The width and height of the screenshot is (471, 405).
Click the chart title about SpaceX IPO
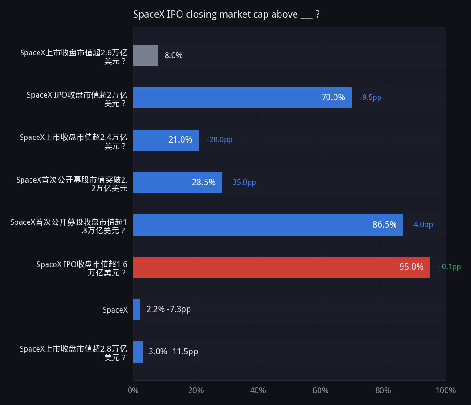tap(226, 15)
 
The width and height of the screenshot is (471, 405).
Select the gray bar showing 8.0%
tap(146, 55)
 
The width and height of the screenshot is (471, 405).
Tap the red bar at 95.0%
tap(281, 267)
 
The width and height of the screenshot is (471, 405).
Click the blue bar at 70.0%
tap(243, 98)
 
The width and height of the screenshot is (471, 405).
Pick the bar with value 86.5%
tap(268, 225)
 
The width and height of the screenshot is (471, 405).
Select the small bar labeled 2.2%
tap(137, 309)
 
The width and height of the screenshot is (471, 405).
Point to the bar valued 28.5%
tap(178, 183)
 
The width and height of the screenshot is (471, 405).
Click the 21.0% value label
tap(180, 140)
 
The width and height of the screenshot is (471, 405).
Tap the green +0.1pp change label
tap(449, 267)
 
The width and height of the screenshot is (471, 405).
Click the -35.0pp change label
tap(243, 183)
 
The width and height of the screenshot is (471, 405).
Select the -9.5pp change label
tap(370, 97)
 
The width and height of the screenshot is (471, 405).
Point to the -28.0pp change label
tap(220, 140)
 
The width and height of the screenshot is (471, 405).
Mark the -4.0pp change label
tap(422, 224)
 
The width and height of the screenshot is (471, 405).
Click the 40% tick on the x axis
tap(258, 390)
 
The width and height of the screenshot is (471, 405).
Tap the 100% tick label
tap(446, 390)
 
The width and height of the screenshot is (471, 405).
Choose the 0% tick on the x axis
tap(133, 390)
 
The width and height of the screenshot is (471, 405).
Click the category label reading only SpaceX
tap(115, 310)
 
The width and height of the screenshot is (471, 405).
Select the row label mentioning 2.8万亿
tap(73, 353)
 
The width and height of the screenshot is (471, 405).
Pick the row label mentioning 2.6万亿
tap(74, 57)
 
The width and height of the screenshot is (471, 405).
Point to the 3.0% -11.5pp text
tap(173, 352)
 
